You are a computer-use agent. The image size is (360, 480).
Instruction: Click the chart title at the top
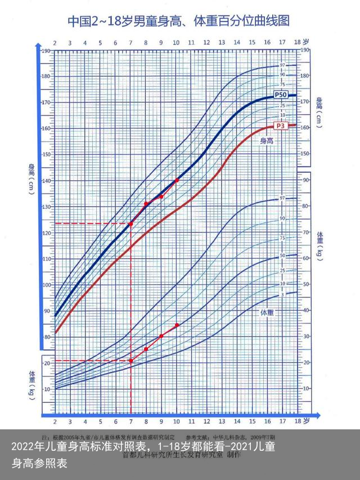pyautogui.click(x=179, y=21)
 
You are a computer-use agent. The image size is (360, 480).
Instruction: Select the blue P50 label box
pyautogui.click(x=281, y=94)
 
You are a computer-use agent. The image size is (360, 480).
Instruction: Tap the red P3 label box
pyautogui.click(x=281, y=125)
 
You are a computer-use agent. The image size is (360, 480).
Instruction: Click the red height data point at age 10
pyautogui.click(x=177, y=180)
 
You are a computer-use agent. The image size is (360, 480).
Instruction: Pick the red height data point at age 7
pyautogui.click(x=131, y=224)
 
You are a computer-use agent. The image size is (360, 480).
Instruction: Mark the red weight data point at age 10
pyautogui.click(x=177, y=325)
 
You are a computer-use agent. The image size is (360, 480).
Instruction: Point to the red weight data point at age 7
pyautogui.click(x=131, y=361)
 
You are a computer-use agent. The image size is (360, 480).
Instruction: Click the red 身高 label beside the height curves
pyautogui.click(x=266, y=141)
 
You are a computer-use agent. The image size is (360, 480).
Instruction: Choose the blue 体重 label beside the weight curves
pyautogui.click(x=267, y=312)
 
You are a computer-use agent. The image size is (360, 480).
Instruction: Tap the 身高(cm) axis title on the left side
pyautogui.click(x=32, y=177)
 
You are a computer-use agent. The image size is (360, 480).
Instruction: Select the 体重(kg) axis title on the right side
pyautogui.click(x=320, y=245)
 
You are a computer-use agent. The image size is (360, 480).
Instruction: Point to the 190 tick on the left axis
pyautogui.click(x=46, y=51)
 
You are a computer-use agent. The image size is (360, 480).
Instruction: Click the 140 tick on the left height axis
pyautogui.click(x=46, y=181)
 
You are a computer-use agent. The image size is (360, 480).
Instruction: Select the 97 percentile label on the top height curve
pyautogui.click(x=282, y=65)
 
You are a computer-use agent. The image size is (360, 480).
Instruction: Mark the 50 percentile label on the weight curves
pyautogui.click(x=282, y=255)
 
